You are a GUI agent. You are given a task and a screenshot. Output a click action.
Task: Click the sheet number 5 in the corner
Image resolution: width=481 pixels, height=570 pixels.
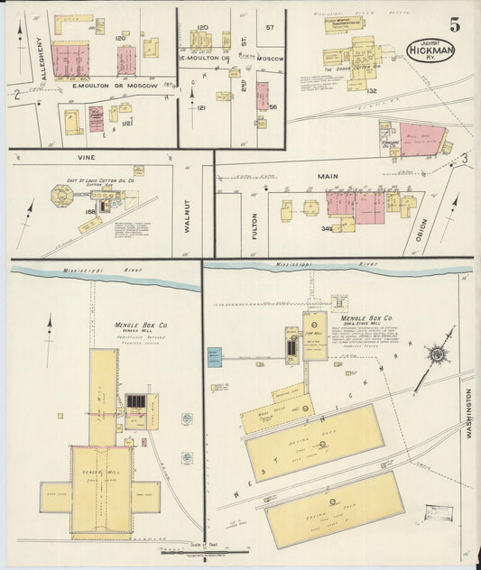click(455, 24)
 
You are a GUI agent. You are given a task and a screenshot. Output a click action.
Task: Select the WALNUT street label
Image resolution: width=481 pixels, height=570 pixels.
click(189, 215)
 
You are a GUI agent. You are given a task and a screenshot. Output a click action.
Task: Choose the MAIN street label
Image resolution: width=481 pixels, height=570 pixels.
click(327, 177)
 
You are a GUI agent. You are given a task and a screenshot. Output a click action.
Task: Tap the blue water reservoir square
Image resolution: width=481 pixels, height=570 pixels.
click(214, 357)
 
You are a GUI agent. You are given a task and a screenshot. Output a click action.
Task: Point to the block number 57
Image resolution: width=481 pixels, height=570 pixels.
click(269, 28)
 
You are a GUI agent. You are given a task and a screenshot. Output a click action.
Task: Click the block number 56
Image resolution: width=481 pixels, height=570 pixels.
click(273, 106)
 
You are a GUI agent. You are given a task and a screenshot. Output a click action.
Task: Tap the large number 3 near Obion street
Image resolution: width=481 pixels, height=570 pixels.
click(464, 159)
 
